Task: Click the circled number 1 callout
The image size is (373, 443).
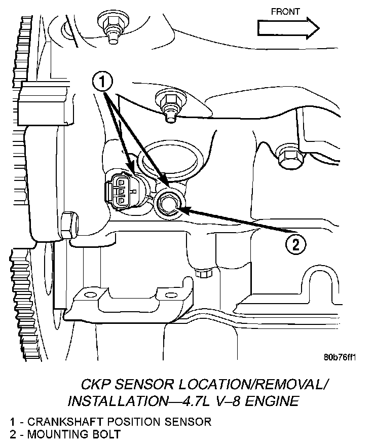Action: coord(102,81)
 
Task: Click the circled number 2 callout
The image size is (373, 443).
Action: coord(296,245)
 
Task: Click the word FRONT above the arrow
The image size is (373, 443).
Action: coord(285,11)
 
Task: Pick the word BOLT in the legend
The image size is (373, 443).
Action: coord(106,434)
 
